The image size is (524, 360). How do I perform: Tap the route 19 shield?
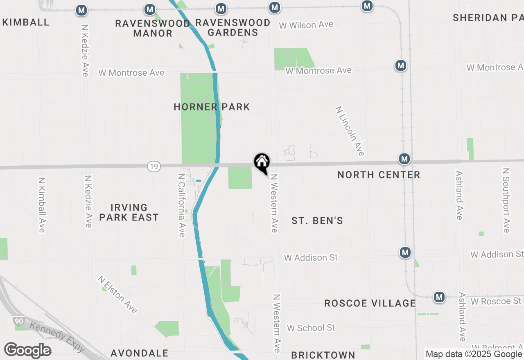point(154,166)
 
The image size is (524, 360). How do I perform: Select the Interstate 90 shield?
point(18,322)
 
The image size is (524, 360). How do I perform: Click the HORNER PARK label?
point(212,107)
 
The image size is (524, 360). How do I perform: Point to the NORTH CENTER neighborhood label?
point(379,175)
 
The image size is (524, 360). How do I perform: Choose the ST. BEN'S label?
point(317,221)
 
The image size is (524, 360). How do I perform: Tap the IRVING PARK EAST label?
point(129,212)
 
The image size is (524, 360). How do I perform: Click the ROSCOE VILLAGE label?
point(370,303)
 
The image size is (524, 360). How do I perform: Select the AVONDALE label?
point(140,353)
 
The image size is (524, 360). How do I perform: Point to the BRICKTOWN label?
point(323,355)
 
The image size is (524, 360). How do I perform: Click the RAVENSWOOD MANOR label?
point(153,28)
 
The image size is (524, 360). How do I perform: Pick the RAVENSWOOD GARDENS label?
point(233,27)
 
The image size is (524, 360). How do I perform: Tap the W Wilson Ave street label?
point(306,25)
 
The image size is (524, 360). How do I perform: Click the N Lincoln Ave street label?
point(350,131)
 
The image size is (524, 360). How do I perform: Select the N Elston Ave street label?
point(118,294)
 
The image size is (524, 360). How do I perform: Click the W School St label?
point(311,328)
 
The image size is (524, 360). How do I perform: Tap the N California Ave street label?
point(181,205)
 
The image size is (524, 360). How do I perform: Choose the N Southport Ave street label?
point(506,200)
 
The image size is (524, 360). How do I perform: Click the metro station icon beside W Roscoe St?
point(439,297)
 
